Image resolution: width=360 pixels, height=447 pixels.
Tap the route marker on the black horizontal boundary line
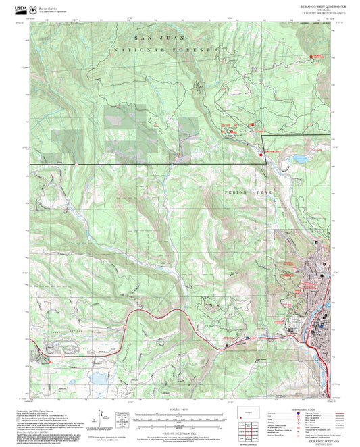[x=77, y=163]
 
